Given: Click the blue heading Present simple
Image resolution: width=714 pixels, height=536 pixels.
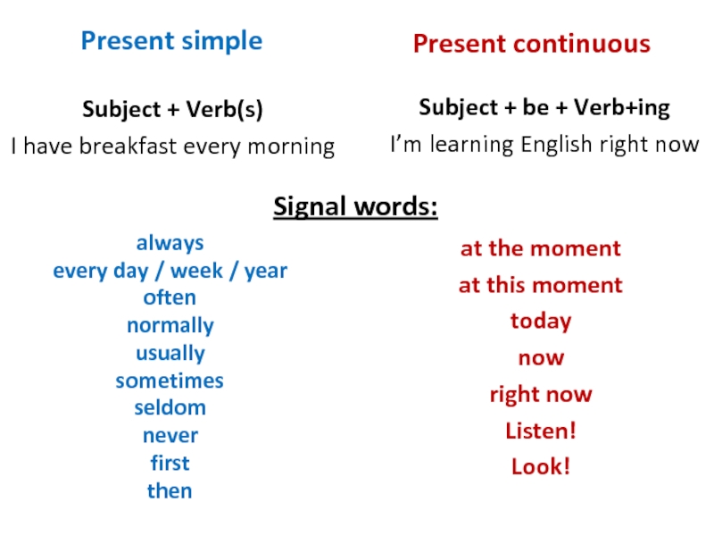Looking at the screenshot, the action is (171, 41).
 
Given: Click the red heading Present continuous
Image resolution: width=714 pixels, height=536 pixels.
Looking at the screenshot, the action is (532, 44).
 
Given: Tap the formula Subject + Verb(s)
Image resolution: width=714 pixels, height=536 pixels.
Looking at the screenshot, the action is (172, 109).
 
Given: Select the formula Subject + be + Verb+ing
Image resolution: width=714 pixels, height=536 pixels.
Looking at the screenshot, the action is (544, 108).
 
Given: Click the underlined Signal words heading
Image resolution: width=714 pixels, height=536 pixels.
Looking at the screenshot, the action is (355, 207).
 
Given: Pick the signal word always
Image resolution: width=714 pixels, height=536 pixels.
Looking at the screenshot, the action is (170, 243).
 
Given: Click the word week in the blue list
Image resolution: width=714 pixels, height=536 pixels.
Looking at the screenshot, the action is (196, 271).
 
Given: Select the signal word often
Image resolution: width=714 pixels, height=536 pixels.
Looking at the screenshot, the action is (170, 297).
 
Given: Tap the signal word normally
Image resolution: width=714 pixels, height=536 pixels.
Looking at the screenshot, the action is (170, 326).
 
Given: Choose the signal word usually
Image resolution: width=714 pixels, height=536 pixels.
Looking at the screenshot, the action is (170, 353).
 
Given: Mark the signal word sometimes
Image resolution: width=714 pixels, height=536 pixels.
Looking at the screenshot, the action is (170, 381).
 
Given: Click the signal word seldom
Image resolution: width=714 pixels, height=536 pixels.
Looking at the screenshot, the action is (170, 407).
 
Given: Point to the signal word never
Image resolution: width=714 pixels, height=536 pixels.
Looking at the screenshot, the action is (170, 436).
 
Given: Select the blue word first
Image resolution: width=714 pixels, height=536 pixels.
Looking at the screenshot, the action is (170, 463).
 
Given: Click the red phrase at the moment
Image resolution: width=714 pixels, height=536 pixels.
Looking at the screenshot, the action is (541, 249).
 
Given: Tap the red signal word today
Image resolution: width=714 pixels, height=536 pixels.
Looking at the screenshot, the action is (541, 322).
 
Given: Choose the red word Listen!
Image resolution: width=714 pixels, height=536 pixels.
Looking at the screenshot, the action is (541, 431).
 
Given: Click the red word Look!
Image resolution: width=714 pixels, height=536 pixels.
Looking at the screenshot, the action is (541, 466).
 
